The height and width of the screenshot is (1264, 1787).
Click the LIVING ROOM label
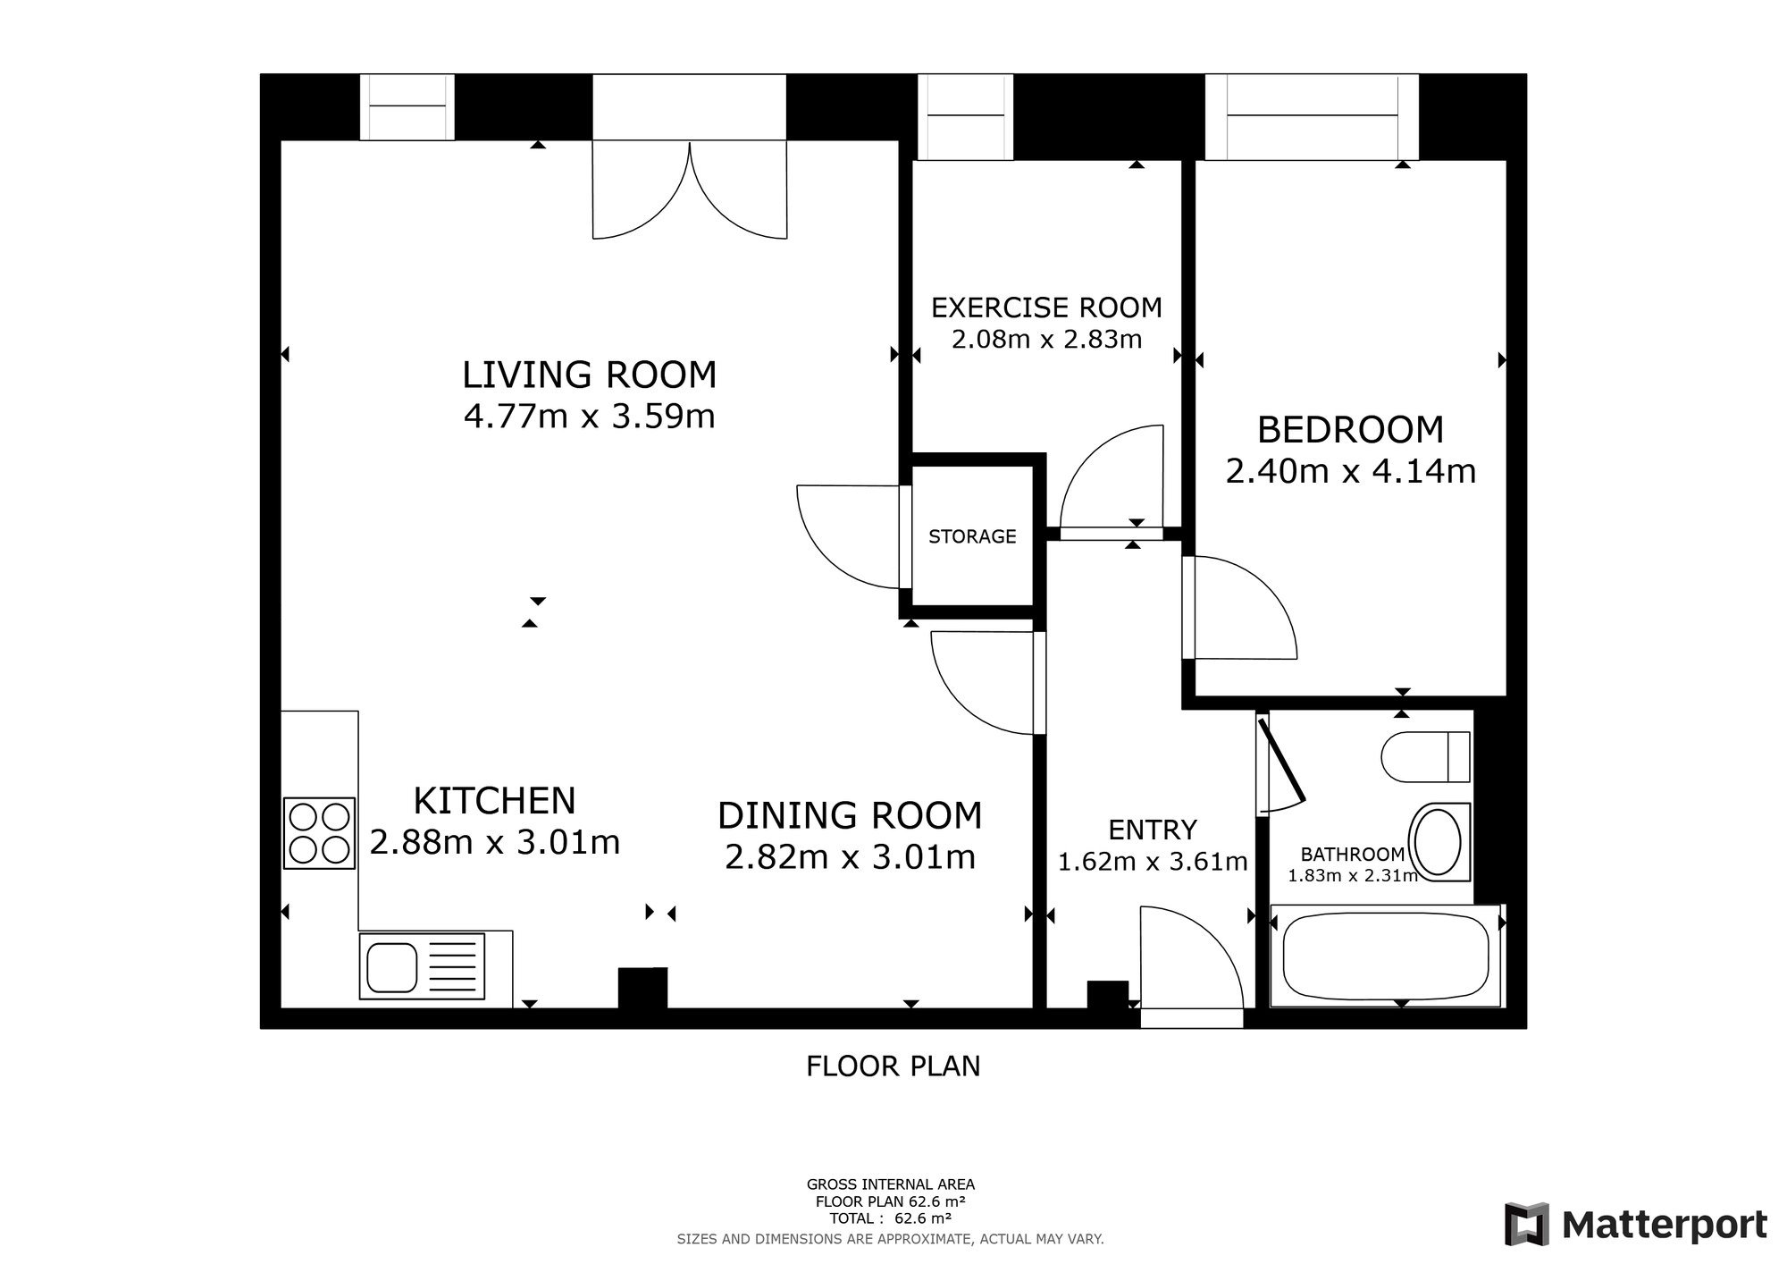click(590, 375)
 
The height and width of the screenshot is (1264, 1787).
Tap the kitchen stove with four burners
click(319, 833)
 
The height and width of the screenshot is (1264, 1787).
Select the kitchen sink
click(422, 966)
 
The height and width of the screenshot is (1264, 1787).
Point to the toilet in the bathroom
click(1425, 757)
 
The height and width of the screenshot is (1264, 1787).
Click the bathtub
click(1385, 956)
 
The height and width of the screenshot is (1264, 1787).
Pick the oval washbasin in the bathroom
click(1439, 842)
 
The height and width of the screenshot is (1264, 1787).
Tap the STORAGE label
click(972, 536)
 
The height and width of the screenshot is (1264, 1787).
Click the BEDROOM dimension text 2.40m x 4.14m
click(1350, 471)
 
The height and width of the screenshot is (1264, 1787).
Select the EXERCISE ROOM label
click(1046, 308)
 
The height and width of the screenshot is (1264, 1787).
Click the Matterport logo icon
click(1526, 1224)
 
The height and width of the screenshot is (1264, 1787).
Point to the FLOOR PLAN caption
click(893, 1066)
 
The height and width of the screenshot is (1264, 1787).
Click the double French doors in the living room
click(690, 190)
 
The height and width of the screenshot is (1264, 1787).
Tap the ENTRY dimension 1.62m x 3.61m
click(1153, 862)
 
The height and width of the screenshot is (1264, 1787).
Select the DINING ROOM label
click(850, 815)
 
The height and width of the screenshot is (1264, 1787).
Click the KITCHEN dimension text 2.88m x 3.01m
click(494, 842)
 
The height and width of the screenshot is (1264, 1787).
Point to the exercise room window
click(966, 117)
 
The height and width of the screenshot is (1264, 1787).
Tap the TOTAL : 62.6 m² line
click(890, 1218)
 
